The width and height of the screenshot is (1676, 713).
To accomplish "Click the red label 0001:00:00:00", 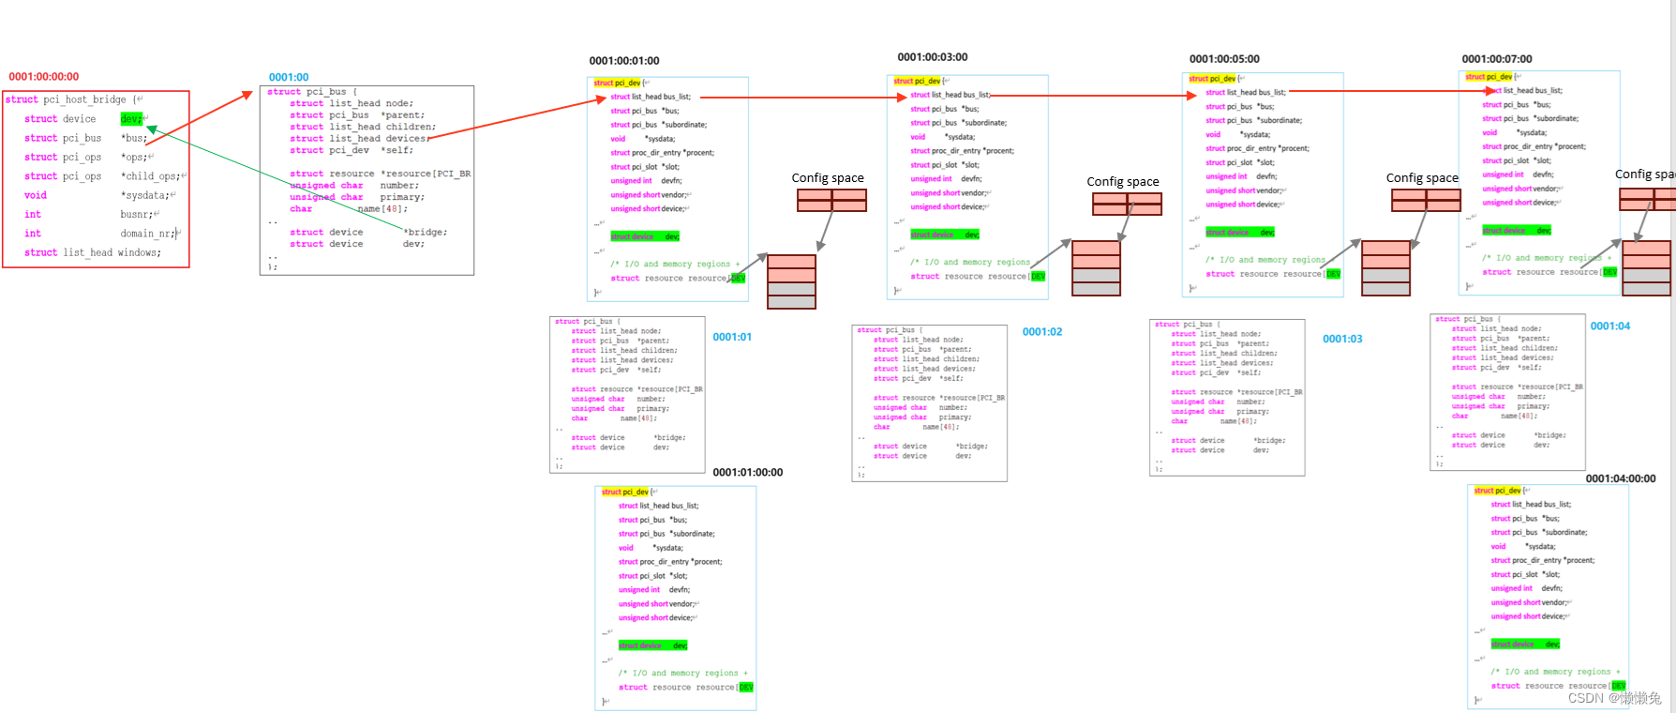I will pos(44,77).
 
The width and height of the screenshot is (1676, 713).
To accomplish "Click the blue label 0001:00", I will pos(289,77).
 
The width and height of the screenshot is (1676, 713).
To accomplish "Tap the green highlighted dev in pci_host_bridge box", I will pos(131,118).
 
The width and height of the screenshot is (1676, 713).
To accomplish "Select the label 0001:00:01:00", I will pos(624,61).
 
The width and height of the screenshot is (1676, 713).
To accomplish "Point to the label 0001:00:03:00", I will pos(933,57).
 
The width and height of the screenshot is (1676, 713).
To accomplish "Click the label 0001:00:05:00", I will pos(1224,59).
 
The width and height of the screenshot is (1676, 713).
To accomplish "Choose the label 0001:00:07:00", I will pos(1497,59).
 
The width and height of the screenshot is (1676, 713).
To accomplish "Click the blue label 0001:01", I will pos(732,337).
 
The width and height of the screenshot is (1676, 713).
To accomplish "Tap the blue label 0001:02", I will pos(1042,332).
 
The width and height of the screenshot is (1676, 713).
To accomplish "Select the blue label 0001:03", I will pos(1342,339).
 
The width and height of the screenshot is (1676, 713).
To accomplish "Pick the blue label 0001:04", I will pos(1610,326).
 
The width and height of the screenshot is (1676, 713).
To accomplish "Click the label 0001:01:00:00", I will pos(748,473).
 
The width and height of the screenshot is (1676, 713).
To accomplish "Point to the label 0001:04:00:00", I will pos(1621,478).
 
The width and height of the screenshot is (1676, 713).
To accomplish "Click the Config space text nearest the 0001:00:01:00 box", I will pos(828,178).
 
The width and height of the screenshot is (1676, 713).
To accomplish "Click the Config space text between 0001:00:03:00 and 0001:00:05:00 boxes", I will pos(1123,182).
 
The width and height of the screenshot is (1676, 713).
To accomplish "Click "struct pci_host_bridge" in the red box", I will pos(67,99).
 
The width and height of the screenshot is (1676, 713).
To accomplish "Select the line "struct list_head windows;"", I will pos(93,252).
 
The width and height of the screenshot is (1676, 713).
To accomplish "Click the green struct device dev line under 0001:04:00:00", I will pos(1525,645).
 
